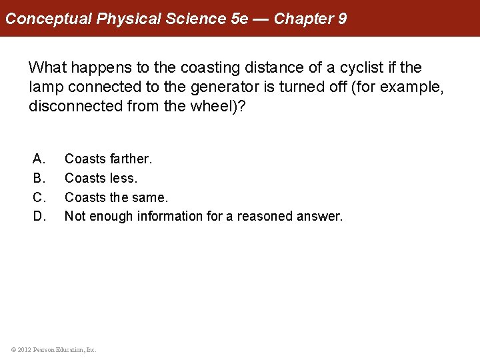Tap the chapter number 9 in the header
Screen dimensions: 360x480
(342, 18)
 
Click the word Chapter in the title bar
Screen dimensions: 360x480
(303, 18)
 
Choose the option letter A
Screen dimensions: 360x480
(39, 159)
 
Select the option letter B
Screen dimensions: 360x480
(39, 178)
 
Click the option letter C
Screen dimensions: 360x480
(39, 197)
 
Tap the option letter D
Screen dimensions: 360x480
(39, 216)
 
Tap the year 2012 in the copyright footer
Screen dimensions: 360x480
(24, 349)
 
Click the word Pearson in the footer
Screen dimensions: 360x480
(45, 349)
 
